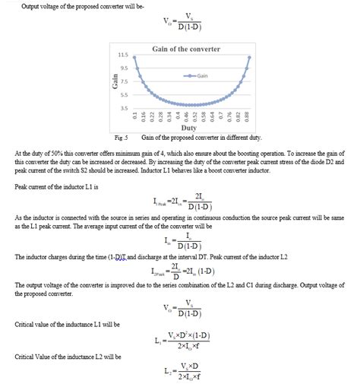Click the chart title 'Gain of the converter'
pyautogui.click(x=186, y=49)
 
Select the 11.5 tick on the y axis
pyautogui.click(x=122, y=56)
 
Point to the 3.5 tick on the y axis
pyautogui.click(x=123, y=108)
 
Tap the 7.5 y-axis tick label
pyautogui.click(x=123, y=81)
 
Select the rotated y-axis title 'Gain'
pyautogui.click(x=114, y=82)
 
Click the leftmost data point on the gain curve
pyautogui.click(x=134, y=57)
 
